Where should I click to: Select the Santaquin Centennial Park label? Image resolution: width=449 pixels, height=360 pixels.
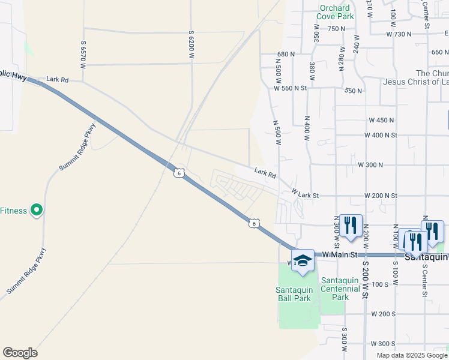coord(340,289)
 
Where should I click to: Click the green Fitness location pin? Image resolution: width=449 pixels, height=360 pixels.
coord(37,210)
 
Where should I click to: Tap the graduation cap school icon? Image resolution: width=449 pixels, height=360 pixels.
coord(303,260)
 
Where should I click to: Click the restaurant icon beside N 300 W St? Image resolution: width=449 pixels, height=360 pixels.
coord(351,226)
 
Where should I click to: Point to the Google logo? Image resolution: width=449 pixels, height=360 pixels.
coord(20,353)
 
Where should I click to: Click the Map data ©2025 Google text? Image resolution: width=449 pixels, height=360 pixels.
coord(412,355)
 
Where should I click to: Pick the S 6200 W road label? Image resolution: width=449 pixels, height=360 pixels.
coord(191,44)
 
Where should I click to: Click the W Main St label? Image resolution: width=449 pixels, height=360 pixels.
coord(340,255)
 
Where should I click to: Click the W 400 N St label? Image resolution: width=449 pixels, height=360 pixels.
coord(381,135)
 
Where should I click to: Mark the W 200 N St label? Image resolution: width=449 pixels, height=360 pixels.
coord(381,196)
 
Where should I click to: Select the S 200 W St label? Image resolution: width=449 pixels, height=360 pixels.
coord(364,277)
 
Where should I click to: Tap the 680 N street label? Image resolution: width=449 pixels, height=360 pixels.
coord(286,54)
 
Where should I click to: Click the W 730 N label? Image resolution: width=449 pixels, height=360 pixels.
coord(400,34)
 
